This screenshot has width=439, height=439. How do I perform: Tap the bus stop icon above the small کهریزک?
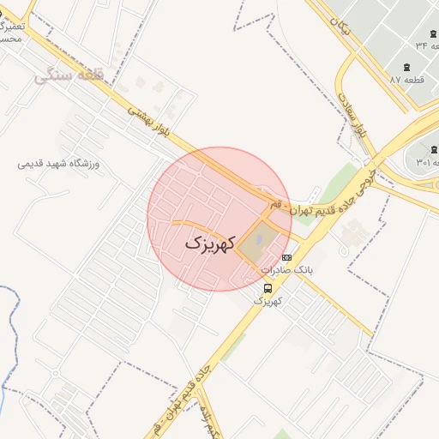tap(268, 288)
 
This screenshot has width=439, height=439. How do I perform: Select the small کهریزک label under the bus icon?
tap(268, 301)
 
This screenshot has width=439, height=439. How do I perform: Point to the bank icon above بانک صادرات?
tap(286, 256)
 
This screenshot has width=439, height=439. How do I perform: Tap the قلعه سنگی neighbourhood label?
tap(69, 77)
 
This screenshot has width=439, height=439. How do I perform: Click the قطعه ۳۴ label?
tap(422, 45)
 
